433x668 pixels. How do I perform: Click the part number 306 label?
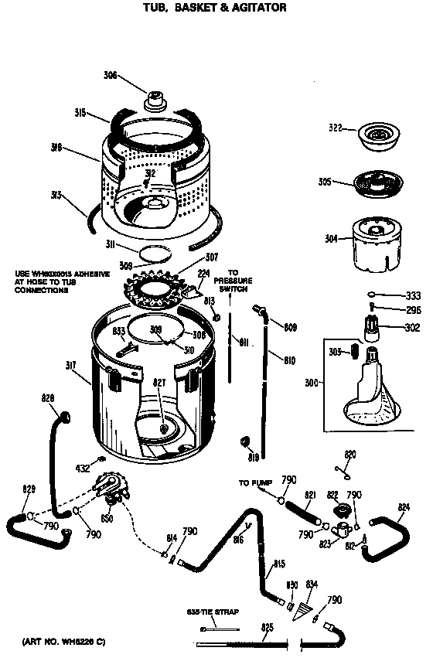click(111, 75)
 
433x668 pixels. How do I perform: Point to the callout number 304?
click(331, 239)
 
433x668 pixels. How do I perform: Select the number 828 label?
click(49, 398)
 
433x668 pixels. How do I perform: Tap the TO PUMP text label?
click(254, 483)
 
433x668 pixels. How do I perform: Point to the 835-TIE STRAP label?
click(212, 612)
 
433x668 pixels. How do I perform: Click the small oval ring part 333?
click(372, 295)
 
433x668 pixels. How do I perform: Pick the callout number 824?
click(403, 507)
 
